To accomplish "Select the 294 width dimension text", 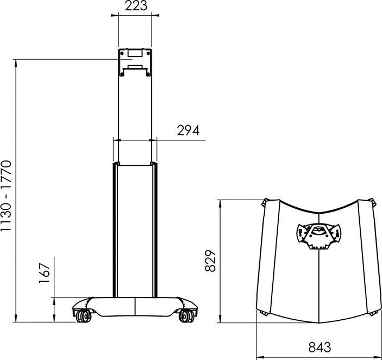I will click(188, 131).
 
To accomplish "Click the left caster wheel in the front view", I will click(82, 315).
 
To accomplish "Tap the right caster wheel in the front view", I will click(186, 315).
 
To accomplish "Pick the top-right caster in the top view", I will click(373, 202).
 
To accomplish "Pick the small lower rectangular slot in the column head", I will click(134, 69).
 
